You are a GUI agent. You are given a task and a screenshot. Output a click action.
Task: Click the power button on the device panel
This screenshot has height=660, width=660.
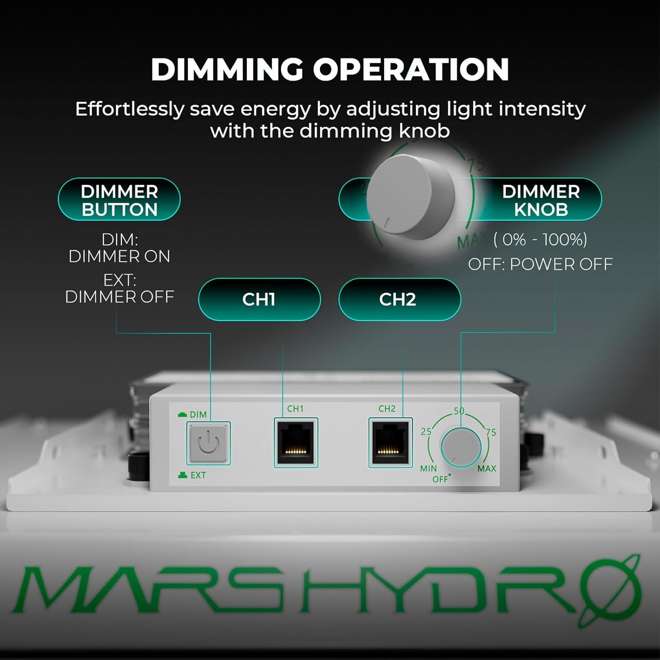pyautogui.click(x=208, y=443)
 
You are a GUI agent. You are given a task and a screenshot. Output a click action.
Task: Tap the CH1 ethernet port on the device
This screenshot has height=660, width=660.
pyautogui.click(x=296, y=442)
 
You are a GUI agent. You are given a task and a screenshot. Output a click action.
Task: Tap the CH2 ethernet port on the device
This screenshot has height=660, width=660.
pyautogui.click(x=390, y=442)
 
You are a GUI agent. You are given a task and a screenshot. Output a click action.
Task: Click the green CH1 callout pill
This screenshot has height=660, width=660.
pyautogui.click(x=259, y=299)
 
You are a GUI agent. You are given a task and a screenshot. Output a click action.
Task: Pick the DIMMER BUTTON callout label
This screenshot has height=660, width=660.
pyautogui.click(x=119, y=200)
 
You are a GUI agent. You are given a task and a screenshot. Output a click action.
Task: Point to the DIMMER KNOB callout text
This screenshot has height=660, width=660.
pyautogui.click(x=541, y=200)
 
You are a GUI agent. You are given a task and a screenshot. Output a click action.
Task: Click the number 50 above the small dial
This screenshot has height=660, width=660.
pyautogui.click(x=459, y=411)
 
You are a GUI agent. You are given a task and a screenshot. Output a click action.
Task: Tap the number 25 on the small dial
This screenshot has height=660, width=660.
pyautogui.click(x=426, y=432)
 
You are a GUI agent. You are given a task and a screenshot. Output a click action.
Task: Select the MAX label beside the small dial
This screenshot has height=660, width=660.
pyautogui.click(x=487, y=469)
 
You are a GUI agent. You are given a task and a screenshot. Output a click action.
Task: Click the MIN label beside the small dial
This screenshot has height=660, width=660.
pyautogui.click(x=428, y=469)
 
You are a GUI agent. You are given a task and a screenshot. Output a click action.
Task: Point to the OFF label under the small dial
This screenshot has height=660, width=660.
pyautogui.click(x=440, y=479)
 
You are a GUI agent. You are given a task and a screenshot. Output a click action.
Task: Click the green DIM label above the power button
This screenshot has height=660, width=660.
pyautogui.click(x=198, y=414)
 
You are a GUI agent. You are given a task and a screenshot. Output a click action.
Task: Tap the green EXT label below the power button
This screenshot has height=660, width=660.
pyautogui.click(x=198, y=475)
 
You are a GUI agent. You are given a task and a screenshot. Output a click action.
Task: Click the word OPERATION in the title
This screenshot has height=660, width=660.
pyautogui.click(x=411, y=70)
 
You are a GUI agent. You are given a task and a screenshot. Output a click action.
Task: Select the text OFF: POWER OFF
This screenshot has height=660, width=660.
pyautogui.click(x=540, y=264)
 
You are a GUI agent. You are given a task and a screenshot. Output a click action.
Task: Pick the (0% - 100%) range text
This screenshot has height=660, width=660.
pyautogui.click(x=540, y=240)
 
